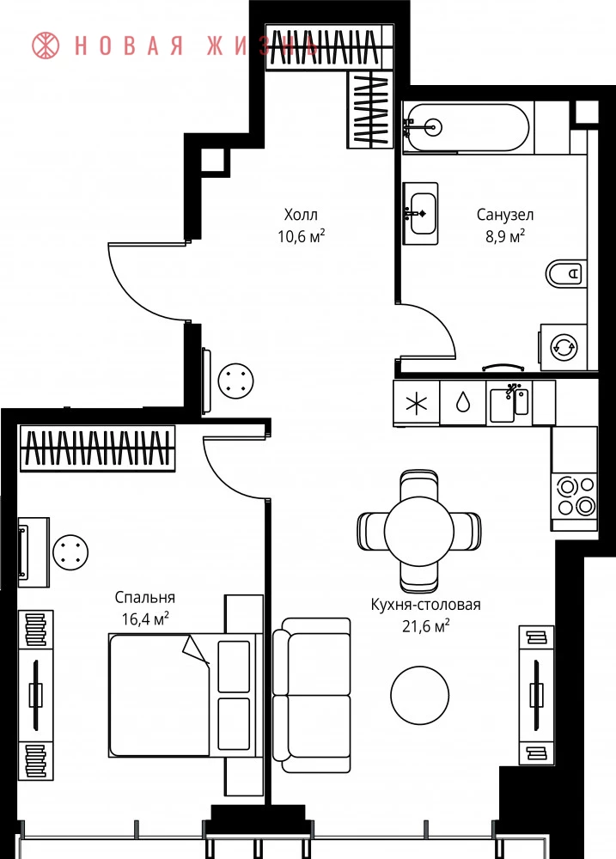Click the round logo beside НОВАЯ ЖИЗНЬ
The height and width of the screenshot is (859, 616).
pos(46,46)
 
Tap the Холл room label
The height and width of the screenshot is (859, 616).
pos(301,214)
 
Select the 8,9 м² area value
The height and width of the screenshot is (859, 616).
pos(505,236)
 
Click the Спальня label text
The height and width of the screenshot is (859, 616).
pos(145,597)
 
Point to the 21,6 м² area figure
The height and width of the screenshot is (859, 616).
pos(426,625)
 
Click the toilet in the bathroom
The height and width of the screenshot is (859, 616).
pos(564,273)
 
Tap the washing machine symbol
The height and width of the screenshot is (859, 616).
pos(564,347)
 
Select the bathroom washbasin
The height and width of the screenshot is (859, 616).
pos(421,213)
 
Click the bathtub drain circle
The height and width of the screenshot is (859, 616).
pos(435,128)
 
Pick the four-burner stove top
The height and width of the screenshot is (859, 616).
pos(575,497)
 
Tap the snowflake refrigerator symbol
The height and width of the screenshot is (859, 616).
pos(416,404)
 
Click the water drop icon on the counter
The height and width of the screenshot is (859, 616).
pos(463,402)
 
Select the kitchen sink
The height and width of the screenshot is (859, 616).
pos(509,403)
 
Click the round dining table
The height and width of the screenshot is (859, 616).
pos(419,530)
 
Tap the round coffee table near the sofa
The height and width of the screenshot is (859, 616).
pos(420,695)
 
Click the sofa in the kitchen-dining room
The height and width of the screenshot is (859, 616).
pos(311,695)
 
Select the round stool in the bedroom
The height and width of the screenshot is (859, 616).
pos(70,551)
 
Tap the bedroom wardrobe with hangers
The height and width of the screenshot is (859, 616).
pos(98,448)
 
